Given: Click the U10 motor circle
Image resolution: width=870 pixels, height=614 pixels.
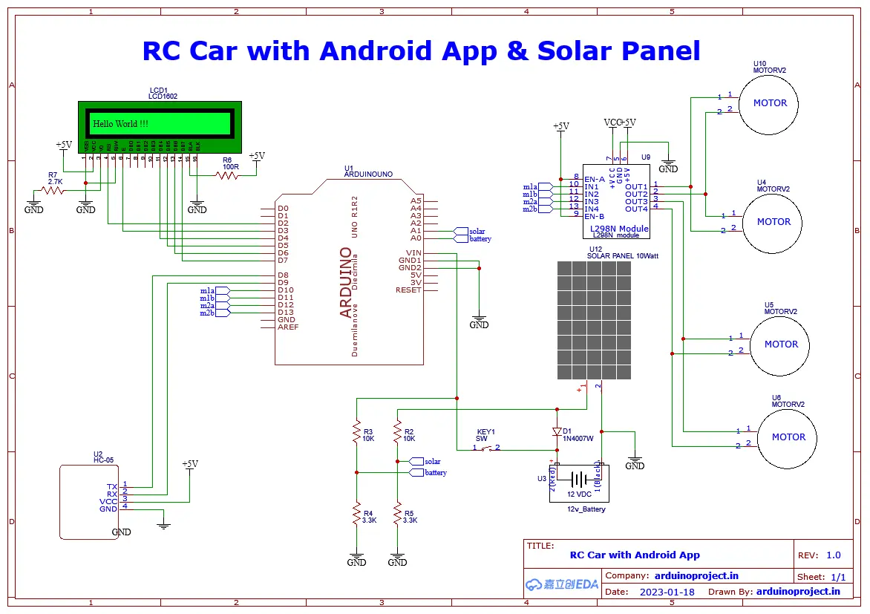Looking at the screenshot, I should pyautogui.click(x=770, y=103).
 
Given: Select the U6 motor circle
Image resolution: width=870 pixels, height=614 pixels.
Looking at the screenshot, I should pyautogui.click(x=788, y=437).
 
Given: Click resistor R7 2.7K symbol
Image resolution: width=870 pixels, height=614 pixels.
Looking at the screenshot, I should pyautogui.click(x=53, y=190).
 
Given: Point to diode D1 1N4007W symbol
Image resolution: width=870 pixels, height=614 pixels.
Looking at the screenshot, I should pyautogui.click(x=557, y=431).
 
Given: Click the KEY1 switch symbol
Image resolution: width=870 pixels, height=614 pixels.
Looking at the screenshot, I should pyautogui.click(x=486, y=448).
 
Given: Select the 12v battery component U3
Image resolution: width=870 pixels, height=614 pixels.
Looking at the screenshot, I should pyautogui.click(x=579, y=481).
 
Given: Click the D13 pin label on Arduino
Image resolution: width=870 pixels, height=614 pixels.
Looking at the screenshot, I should pyautogui.click(x=286, y=313).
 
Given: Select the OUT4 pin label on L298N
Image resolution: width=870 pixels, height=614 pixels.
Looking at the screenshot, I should pyautogui.click(x=636, y=209).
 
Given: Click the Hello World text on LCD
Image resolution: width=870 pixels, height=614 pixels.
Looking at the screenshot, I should pyautogui.click(x=120, y=124).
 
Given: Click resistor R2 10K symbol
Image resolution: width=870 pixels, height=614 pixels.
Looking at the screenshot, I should pyautogui.click(x=398, y=434).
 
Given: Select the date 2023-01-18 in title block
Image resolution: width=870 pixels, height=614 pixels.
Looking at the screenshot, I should pyautogui.click(x=667, y=592).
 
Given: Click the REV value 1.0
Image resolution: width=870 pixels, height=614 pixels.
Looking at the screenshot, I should pyautogui.click(x=833, y=555).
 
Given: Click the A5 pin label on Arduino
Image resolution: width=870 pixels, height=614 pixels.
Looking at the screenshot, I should pyautogui.click(x=416, y=201).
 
